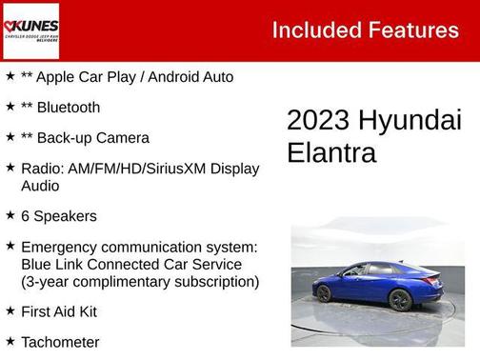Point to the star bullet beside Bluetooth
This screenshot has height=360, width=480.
point(10,107)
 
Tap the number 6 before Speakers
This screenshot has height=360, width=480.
point(25,216)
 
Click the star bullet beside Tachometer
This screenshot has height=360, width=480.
point(10,341)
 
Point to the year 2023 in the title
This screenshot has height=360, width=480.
point(318,121)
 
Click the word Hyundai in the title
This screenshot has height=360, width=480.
point(410,121)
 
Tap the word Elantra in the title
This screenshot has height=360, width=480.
point(331,152)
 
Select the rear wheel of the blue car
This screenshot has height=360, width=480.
point(401,299)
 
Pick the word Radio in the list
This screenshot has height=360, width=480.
point(42,169)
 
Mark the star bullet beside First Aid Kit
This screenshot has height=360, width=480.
point(10,310)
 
